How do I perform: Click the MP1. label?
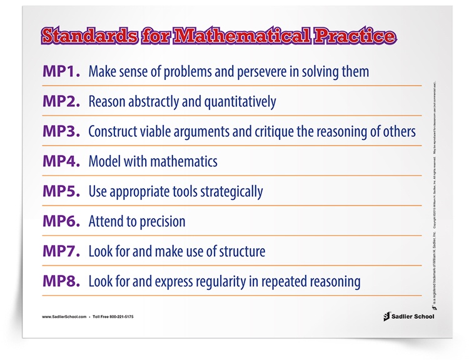click(61, 71)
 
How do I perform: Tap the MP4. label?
click(61, 161)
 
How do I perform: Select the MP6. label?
click(61, 221)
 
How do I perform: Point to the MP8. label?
click(61, 281)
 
